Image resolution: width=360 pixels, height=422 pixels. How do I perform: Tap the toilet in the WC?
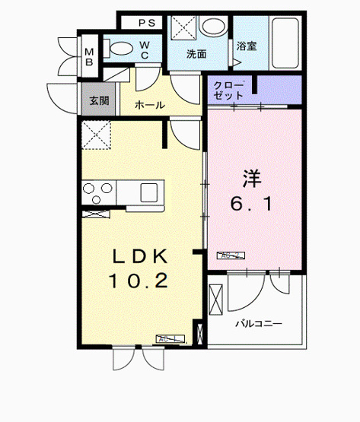click(119, 49)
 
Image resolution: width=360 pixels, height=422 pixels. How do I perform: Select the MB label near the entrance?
click(89, 56)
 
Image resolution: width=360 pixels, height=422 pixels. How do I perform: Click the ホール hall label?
click(149, 105)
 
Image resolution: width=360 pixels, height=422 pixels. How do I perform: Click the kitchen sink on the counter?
click(149, 190)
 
